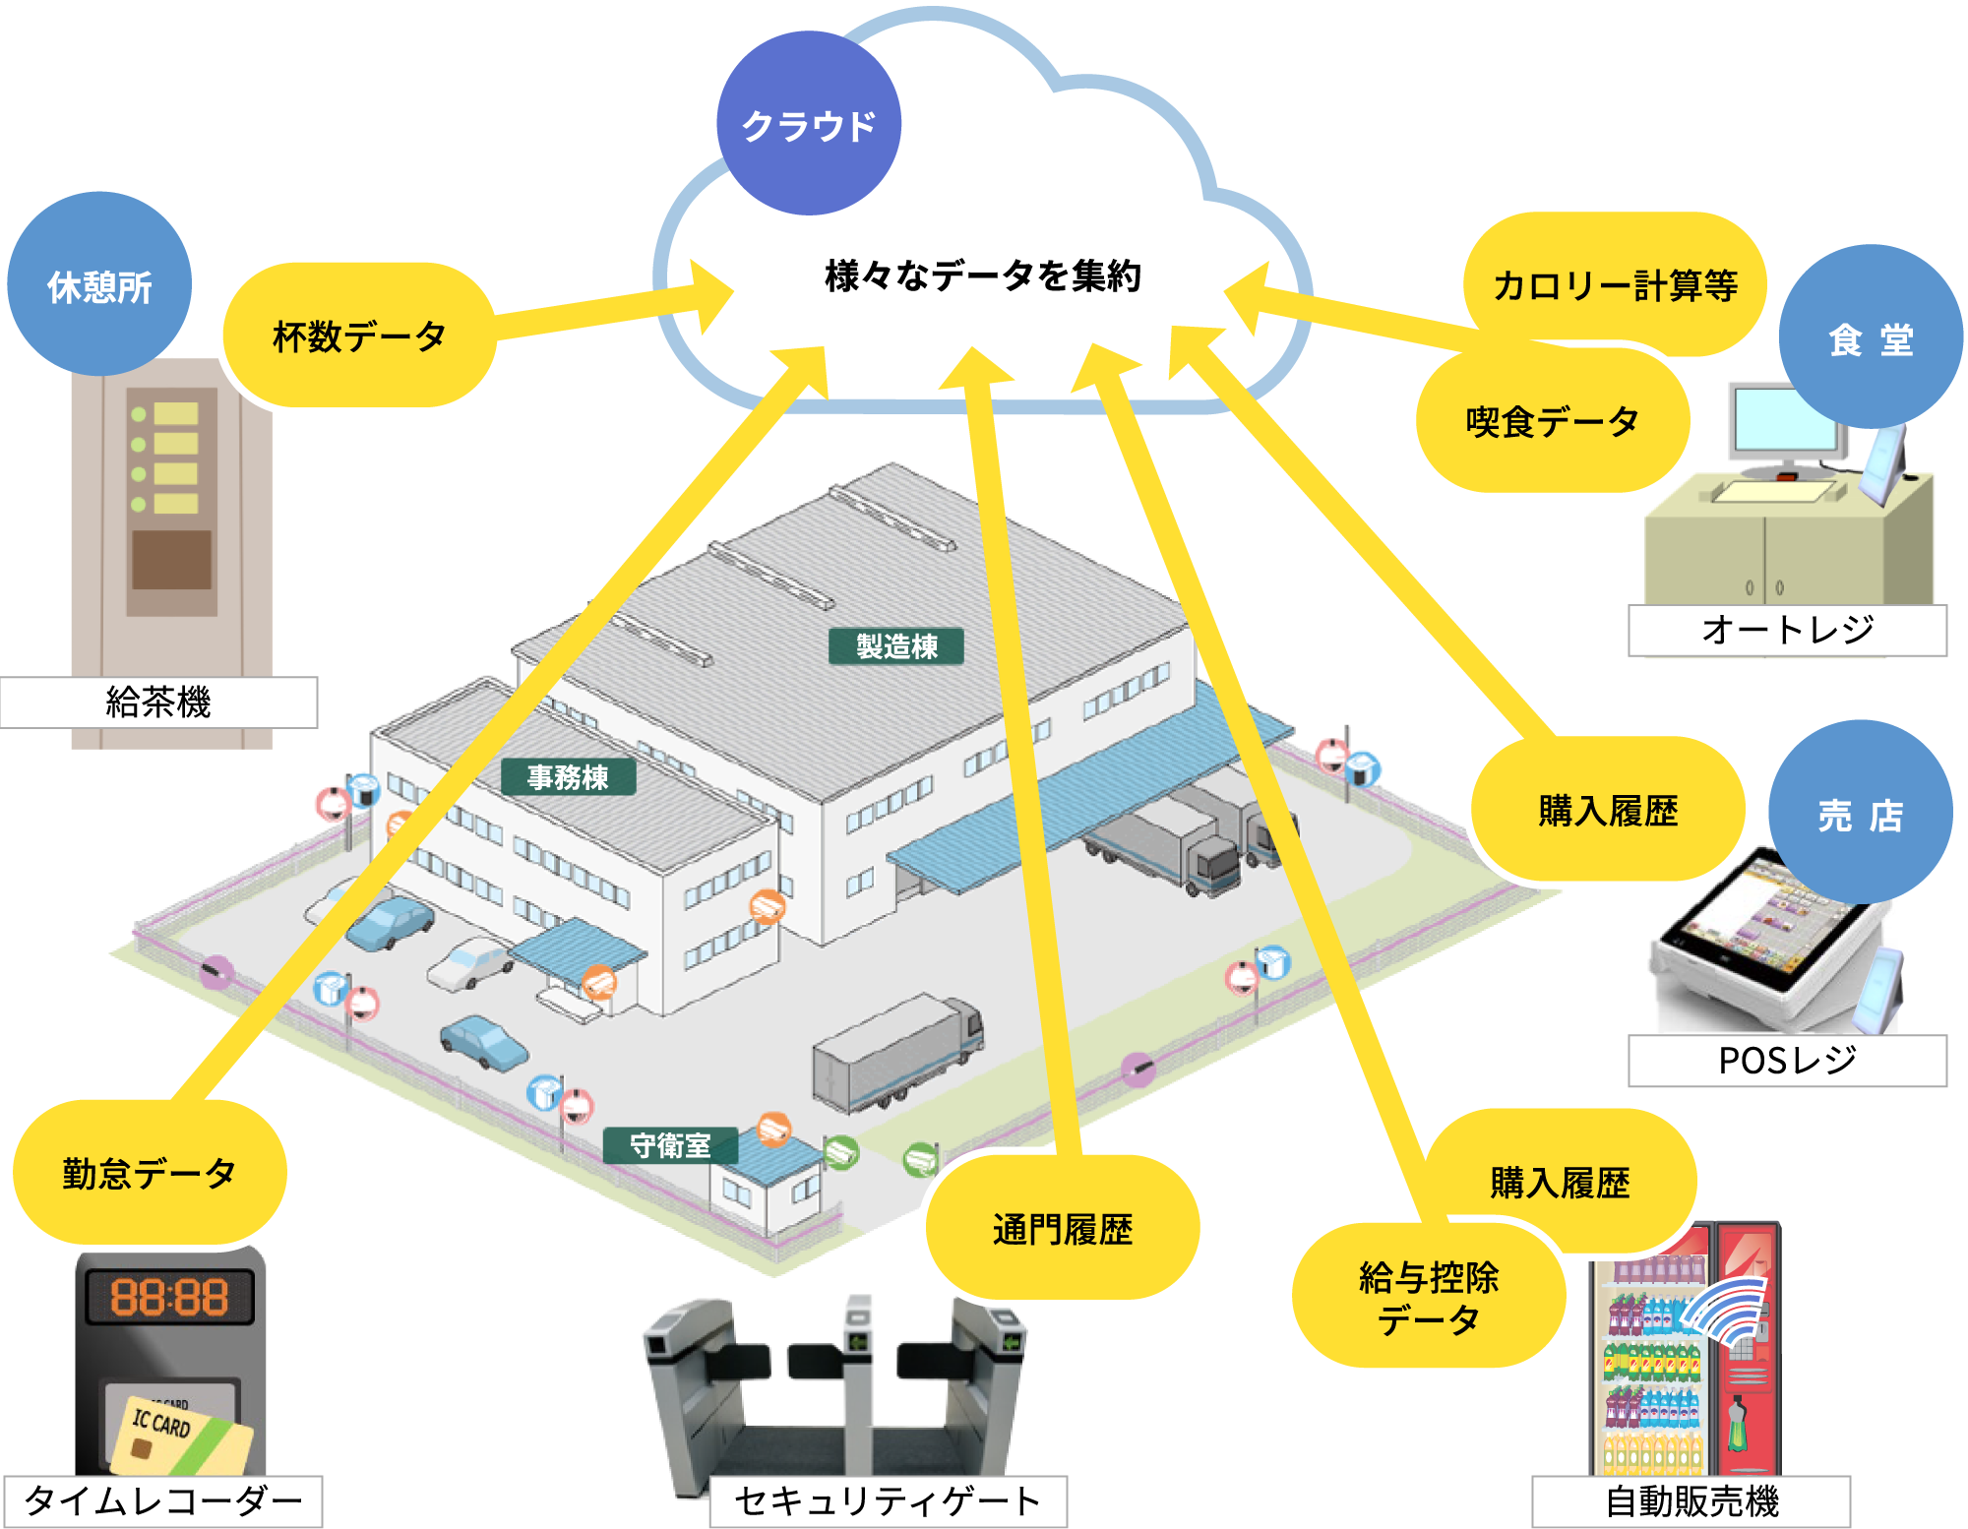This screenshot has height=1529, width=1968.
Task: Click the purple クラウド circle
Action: click(808, 124)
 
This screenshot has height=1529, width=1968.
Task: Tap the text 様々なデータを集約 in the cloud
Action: click(982, 276)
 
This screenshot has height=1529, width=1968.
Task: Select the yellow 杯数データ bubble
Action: click(359, 336)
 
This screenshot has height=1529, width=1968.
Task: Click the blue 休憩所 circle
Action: click(99, 285)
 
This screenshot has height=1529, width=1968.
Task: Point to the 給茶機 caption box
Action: click(158, 703)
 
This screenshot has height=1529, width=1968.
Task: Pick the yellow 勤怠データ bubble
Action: click(150, 1173)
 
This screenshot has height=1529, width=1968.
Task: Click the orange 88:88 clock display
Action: click(169, 1297)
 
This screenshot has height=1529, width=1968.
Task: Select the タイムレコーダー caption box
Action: click(162, 1501)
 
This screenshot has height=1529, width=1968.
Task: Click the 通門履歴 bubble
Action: click(1063, 1229)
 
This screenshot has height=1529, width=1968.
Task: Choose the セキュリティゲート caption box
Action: click(888, 1501)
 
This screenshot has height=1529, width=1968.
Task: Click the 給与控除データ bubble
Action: click(1428, 1298)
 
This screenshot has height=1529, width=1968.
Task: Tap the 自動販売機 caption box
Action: click(1691, 1501)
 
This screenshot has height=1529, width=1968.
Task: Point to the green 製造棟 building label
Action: click(896, 646)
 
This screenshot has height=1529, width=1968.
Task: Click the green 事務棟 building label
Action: click(568, 777)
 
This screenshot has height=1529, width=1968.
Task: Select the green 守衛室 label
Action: click(670, 1145)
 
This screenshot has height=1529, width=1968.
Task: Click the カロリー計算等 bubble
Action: click(1615, 285)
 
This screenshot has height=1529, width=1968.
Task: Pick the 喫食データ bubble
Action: click(1552, 422)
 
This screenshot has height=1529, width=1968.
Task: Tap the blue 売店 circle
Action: click(1860, 815)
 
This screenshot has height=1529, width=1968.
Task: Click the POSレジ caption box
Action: click(1787, 1061)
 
